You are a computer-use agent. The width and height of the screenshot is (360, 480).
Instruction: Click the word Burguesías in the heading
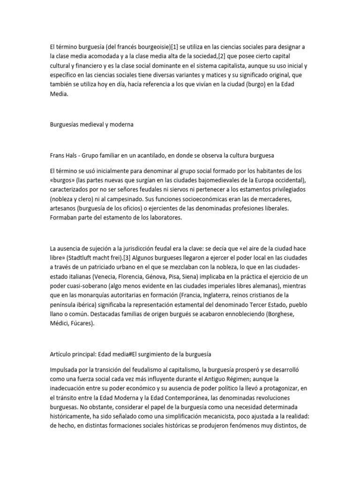coord(65,125)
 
